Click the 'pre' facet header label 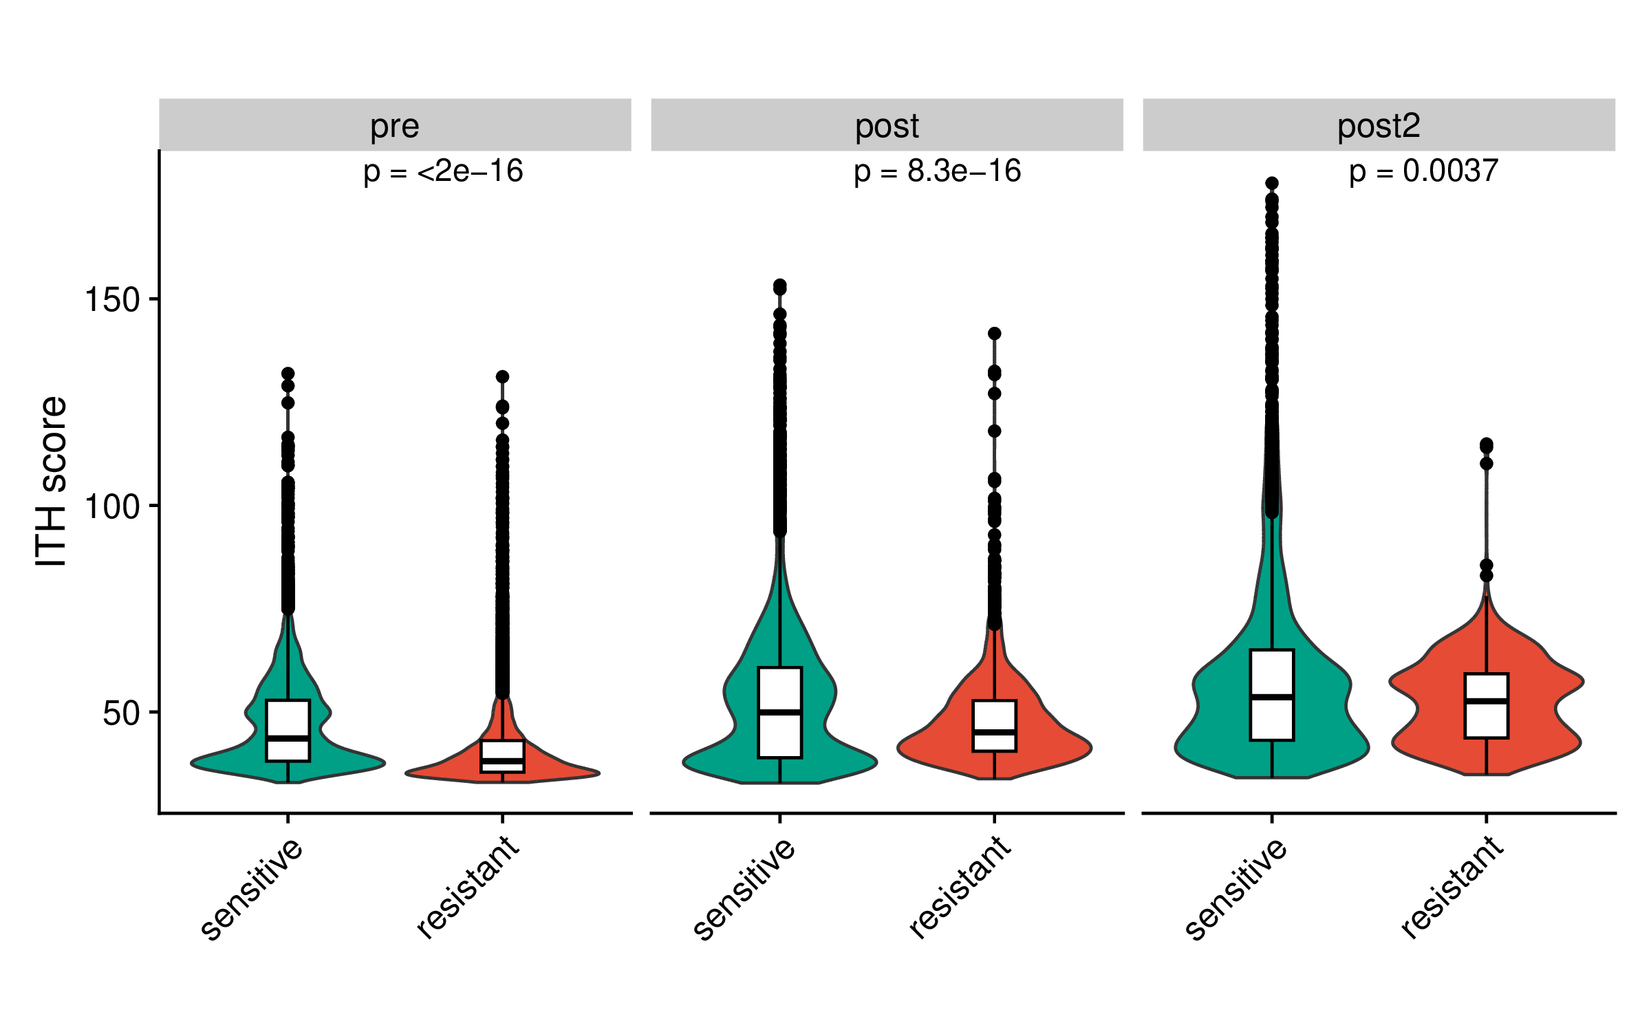coord(394,126)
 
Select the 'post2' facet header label coord(1379,126)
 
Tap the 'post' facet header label coord(887,126)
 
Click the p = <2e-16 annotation coord(443,171)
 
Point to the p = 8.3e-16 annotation coord(937,171)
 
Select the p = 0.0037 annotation coord(1423,171)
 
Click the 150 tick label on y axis coord(111,300)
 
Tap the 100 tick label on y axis coord(111,507)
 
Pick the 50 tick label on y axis coord(121,713)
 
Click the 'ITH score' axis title coord(51,482)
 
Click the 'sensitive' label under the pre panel coord(252,889)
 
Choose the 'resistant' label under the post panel coord(960,888)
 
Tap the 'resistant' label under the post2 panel coord(1452,888)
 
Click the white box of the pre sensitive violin coord(288,719)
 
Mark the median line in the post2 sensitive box coord(1272,698)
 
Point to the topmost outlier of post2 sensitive coord(1272,184)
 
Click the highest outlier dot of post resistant coord(994,334)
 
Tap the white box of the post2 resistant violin coord(1487,688)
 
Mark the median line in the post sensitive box coord(779,712)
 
